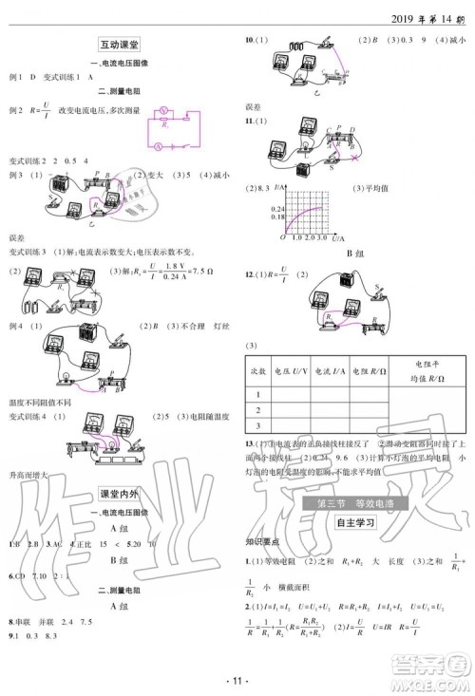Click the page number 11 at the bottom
(238, 681)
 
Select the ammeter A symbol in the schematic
(158, 145)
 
